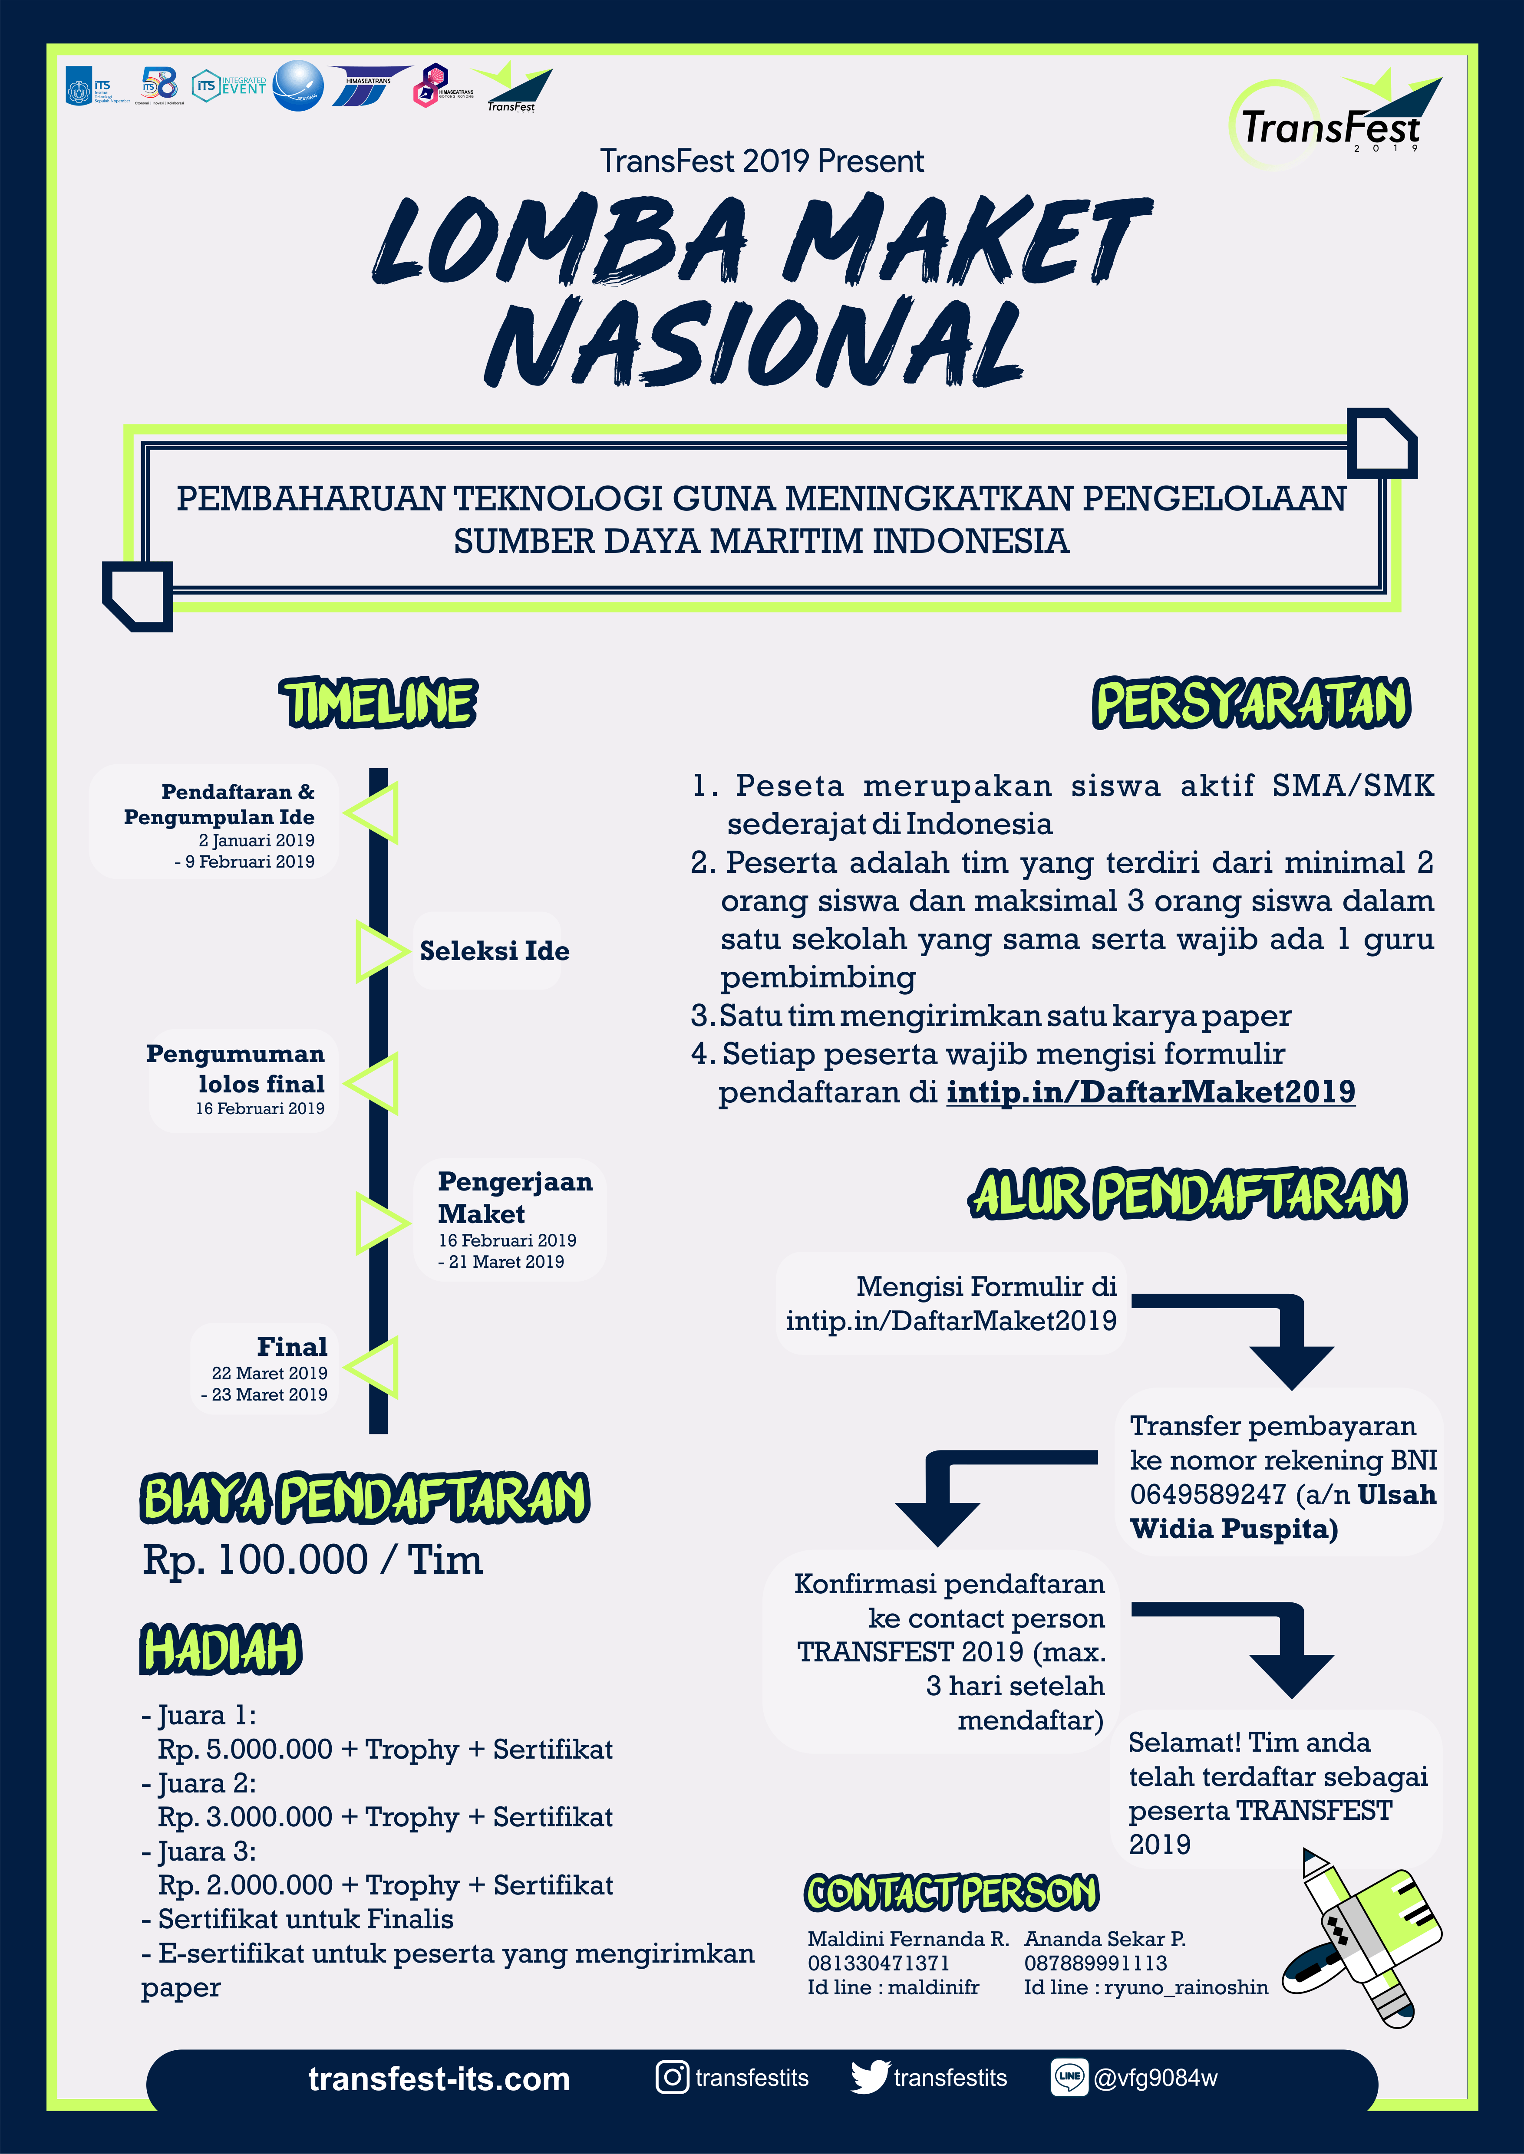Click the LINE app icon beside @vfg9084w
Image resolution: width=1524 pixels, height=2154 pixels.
pyautogui.click(x=1069, y=2077)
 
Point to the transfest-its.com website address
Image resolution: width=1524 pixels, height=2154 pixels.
pyautogui.click(x=439, y=2079)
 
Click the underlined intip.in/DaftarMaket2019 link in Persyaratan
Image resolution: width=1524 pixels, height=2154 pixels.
pyautogui.click(x=1151, y=1092)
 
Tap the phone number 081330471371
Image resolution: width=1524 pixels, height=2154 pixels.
pyautogui.click(x=878, y=1963)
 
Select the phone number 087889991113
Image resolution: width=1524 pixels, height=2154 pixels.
pyautogui.click(x=1095, y=1963)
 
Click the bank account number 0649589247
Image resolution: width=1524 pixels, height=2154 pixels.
pyautogui.click(x=1207, y=1494)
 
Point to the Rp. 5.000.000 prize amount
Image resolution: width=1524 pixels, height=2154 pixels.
pyautogui.click(x=246, y=1749)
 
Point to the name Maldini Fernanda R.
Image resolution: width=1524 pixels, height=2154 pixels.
pyautogui.click(x=907, y=1938)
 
